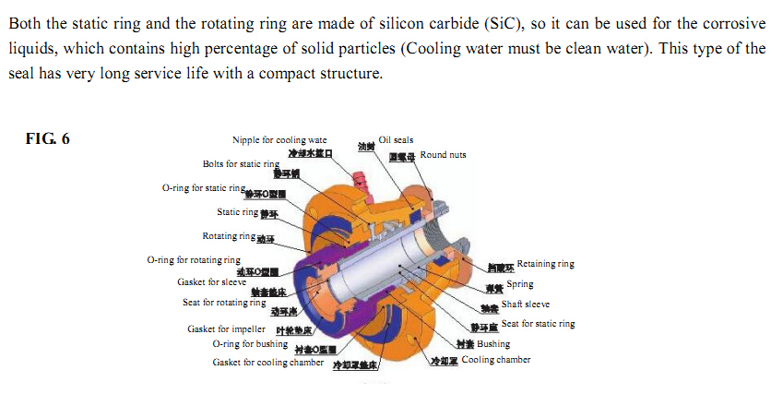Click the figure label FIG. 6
pos(49,139)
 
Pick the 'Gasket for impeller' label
pos(227,328)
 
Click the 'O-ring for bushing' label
pos(250,344)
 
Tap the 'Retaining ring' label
pos(546,264)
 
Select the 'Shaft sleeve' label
pos(526,304)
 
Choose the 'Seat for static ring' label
pos(538,324)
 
